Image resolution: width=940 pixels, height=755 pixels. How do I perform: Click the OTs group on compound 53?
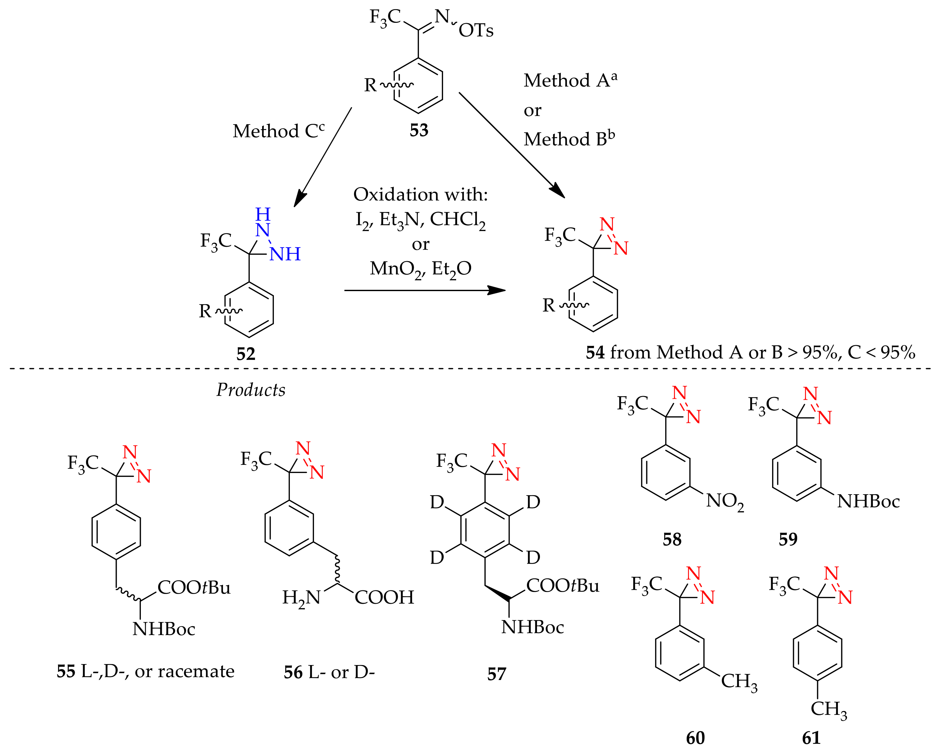tap(476, 31)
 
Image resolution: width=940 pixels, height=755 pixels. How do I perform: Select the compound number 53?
tap(419, 130)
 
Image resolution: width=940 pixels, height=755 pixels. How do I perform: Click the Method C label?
tap(278, 131)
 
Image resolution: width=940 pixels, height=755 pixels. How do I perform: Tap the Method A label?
tap(570, 80)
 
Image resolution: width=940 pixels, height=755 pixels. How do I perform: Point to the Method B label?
tap(569, 139)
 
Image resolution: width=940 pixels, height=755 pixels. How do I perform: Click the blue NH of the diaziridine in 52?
tap(285, 254)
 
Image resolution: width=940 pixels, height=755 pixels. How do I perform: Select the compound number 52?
tap(246, 353)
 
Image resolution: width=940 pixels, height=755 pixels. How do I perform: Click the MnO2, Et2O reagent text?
tap(420, 269)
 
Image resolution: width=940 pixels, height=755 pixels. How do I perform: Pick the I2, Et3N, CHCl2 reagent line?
tap(420, 220)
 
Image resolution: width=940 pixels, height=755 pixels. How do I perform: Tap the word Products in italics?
tap(251, 390)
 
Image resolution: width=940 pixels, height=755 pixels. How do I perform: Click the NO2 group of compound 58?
tap(724, 501)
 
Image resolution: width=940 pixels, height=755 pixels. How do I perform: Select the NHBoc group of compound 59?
tap(868, 502)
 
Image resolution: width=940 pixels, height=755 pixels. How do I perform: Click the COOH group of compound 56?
tap(384, 597)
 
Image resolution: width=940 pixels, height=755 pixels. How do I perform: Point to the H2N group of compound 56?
tap(301, 598)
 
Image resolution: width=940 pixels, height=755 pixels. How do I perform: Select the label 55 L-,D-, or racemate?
tap(145, 671)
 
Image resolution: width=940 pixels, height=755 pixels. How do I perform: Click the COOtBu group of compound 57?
tap(562, 585)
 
